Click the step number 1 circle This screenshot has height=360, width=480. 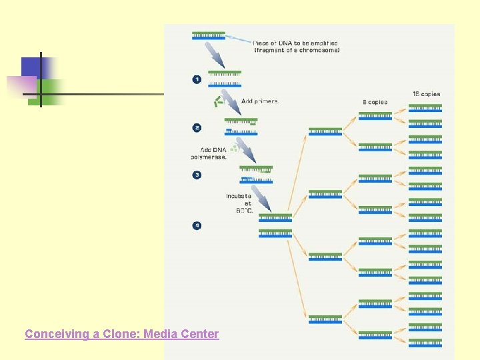point(197,79)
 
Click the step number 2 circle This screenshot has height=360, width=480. point(197,127)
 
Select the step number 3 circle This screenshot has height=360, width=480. point(197,175)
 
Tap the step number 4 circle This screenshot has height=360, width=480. point(197,225)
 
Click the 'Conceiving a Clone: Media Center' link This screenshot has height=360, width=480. point(121,334)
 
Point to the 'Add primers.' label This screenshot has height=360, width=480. point(261,101)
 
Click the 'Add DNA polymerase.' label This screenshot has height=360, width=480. point(209,153)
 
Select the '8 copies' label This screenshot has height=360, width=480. point(375,102)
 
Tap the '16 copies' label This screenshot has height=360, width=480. point(426,94)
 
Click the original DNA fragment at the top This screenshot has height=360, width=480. point(209,35)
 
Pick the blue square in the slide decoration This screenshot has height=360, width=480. point(32,67)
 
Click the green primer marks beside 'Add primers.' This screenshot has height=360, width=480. point(217,101)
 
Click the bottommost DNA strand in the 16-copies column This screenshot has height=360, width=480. point(425,343)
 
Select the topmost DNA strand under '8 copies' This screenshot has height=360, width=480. point(375,116)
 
